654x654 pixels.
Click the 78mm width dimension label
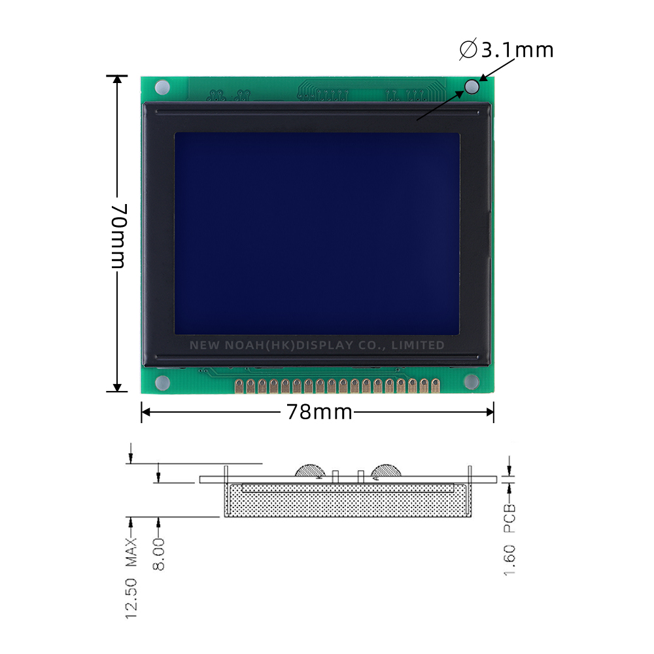pos(318,413)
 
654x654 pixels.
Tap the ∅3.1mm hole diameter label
pos(507,50)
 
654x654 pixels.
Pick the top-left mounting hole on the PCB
pos(162,86)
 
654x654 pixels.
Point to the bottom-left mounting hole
pos(162,382)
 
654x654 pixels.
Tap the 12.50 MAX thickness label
pos(132,578)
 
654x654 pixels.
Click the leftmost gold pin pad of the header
pos(239,385)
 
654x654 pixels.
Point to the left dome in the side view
pos(309,470)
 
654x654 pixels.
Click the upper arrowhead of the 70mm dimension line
pos(117,80)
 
